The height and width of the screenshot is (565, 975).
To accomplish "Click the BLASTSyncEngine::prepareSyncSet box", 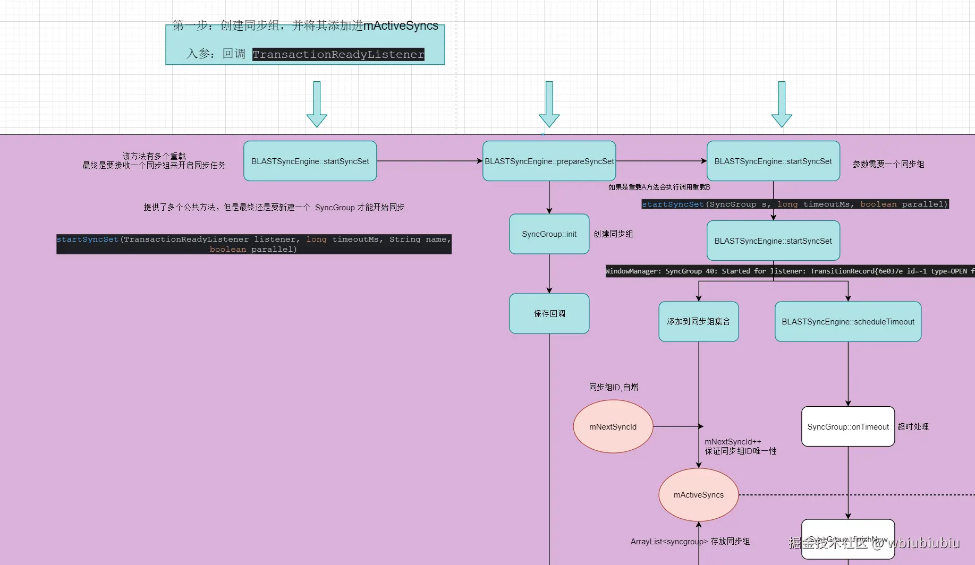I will click(549, 161).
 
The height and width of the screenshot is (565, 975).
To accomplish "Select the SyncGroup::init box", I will click(549, 234).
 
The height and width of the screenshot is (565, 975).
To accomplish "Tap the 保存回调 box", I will click(549, 313).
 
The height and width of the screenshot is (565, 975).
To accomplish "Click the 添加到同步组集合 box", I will click(698, 321).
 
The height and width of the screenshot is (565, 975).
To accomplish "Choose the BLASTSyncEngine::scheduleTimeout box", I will click(847, 321).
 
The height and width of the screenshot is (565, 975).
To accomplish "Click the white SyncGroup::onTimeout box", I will click(847, 426).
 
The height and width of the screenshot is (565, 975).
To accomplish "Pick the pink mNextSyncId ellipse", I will click(613, 426).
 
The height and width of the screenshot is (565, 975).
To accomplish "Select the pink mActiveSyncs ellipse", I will click(698, 494).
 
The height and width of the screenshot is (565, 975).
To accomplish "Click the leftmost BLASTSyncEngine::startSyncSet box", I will click(310, 161).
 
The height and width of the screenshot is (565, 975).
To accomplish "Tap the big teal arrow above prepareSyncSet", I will click(549, 104).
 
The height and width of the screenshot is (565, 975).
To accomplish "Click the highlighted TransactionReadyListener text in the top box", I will click(338, 54).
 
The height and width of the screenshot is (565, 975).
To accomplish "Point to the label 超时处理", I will click(913, 426).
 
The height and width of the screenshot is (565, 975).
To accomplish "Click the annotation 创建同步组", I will click(613, 234).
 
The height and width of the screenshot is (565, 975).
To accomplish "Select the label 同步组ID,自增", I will click(613, 387).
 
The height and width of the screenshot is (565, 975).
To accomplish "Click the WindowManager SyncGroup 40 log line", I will click(789, 271).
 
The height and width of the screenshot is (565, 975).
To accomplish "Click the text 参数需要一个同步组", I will click(888, 164).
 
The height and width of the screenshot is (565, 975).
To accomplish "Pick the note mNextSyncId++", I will click(733, 441).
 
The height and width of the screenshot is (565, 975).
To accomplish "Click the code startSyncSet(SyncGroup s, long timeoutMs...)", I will click(794, 204).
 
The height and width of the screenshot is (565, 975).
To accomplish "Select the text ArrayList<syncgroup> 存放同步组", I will click(690, 541).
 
